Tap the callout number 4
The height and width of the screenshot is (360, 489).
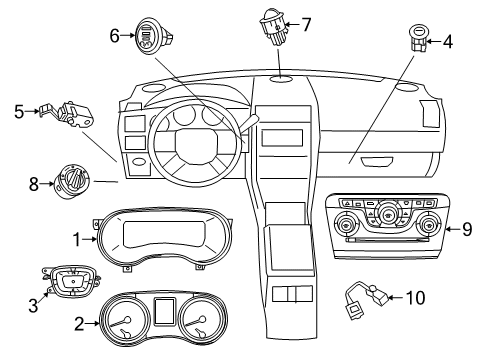tap(447, 42)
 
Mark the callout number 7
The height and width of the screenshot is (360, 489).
tap(306, 22)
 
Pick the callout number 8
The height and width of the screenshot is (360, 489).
tap(34, 184)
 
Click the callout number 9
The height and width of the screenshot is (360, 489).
tap(466, 230)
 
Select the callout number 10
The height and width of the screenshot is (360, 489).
tap(417, 296)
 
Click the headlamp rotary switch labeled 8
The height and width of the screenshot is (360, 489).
tap(74, 183)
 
